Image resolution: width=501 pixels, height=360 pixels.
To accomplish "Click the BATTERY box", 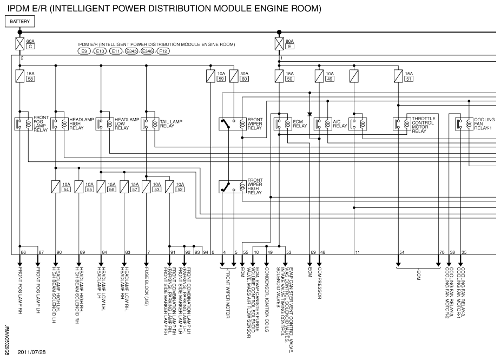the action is (20, 22).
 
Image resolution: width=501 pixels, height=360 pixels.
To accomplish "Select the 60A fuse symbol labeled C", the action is (20, 44).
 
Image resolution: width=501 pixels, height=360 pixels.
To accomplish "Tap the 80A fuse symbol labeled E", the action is (279, 44).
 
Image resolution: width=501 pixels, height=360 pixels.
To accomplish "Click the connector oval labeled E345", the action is (131, 51).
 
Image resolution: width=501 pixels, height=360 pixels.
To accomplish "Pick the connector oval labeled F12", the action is (163, 51).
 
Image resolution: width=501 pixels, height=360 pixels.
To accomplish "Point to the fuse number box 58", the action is (30, 78).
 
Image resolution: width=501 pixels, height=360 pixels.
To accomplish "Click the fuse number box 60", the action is (244, 78).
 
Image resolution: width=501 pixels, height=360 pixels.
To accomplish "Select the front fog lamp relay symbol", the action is (24, 124).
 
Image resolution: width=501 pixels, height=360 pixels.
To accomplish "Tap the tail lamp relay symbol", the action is (150, 124).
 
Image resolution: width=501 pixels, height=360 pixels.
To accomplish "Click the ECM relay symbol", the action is (283, 124).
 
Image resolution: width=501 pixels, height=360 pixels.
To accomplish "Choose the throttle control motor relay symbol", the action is (402, 124).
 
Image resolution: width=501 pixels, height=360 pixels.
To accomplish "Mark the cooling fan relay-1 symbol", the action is (464, 124).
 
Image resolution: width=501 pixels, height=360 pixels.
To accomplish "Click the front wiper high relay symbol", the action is (233, 187).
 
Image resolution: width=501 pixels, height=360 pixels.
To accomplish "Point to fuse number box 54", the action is (66, 189).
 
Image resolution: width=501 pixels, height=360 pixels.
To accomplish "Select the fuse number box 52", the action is (180, 189).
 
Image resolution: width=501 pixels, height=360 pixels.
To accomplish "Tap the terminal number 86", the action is (23, 252).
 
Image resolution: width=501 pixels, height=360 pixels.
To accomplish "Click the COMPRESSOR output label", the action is (319, 283).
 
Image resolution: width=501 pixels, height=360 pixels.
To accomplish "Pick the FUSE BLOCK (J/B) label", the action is (146, 287).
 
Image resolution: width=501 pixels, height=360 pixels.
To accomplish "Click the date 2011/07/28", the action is (31, 352).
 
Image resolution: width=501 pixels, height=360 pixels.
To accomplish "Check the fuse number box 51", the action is (408, 78).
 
